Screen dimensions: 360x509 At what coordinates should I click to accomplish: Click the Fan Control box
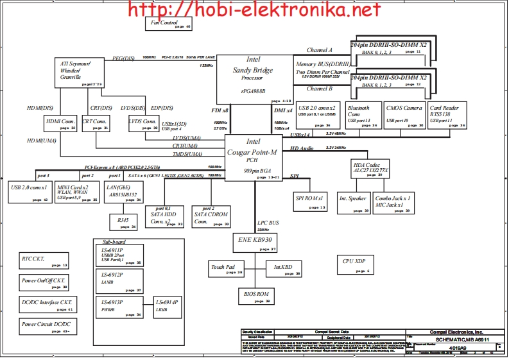click(169, 24)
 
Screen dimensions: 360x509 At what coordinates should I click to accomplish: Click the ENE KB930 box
click(255, 242)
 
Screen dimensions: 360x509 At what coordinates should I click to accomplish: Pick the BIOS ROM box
click(256, 296)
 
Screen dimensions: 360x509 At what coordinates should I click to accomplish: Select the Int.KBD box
click(284, 268)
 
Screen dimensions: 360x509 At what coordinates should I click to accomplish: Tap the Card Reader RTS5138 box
click(447, 115)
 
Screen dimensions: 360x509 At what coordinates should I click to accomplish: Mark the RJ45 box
click(123, 221)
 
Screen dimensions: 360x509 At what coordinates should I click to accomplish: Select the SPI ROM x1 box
click(311, 201)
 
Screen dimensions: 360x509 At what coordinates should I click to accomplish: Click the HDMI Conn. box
click(60, 123)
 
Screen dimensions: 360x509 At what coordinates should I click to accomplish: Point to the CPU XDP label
click(354, 262)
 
